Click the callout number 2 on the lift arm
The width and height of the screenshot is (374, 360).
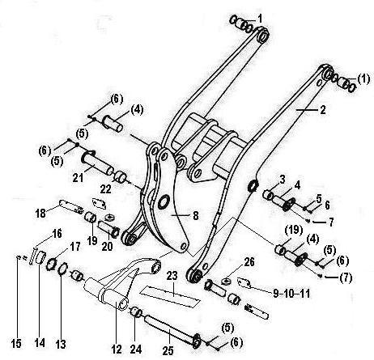[x=323, y=110]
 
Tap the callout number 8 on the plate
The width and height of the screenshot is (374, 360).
[x=195, y=216]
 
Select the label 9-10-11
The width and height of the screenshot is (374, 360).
[x=291, y=294]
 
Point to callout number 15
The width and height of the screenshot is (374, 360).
[x=16, y=344]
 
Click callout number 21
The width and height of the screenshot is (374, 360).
[x=78, y=178]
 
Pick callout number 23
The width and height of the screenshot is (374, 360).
[x=172, y=276]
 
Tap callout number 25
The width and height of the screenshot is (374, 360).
[x=168, y=350]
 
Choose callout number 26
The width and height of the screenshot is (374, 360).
[x=249, y=262]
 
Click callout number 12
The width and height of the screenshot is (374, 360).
[x=117, y=349]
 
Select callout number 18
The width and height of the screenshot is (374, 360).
[x=40, y=214]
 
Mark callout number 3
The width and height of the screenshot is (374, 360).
[x=283, y=180]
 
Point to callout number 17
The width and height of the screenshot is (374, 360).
[x=75, y=247]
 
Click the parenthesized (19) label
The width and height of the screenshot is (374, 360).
[x=294, y=230]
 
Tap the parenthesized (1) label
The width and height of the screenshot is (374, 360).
[x=363, y=79]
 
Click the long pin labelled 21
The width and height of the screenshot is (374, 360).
[x=100, y=163]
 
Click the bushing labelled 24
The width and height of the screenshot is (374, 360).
[x=136, y=311]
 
